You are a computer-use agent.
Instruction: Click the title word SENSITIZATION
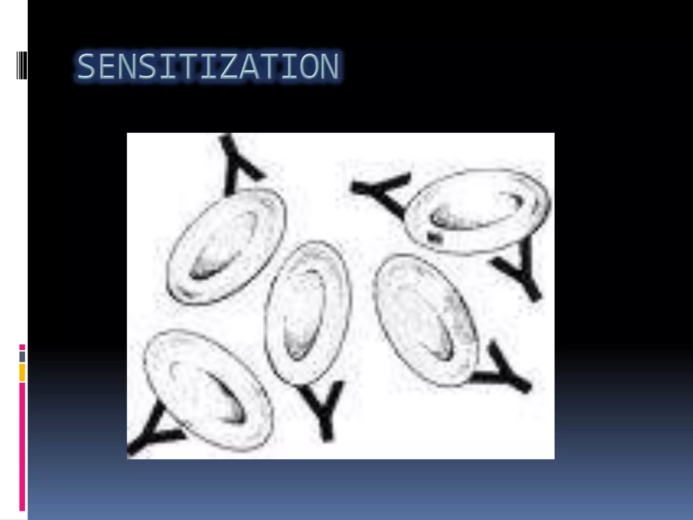(208, 66)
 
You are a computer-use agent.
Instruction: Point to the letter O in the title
(307, 66)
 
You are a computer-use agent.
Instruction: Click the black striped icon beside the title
(22, 65)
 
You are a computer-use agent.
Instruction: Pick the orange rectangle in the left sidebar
(22, 372)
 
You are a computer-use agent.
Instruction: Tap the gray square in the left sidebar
(22, 356)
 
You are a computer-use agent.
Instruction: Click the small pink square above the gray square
(22, 347)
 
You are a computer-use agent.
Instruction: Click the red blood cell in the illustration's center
(307, 313)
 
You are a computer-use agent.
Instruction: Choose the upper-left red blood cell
(226, 246)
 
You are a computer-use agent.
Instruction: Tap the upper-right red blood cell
(477, 211)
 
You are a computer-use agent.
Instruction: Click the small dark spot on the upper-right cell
(434, 237)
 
